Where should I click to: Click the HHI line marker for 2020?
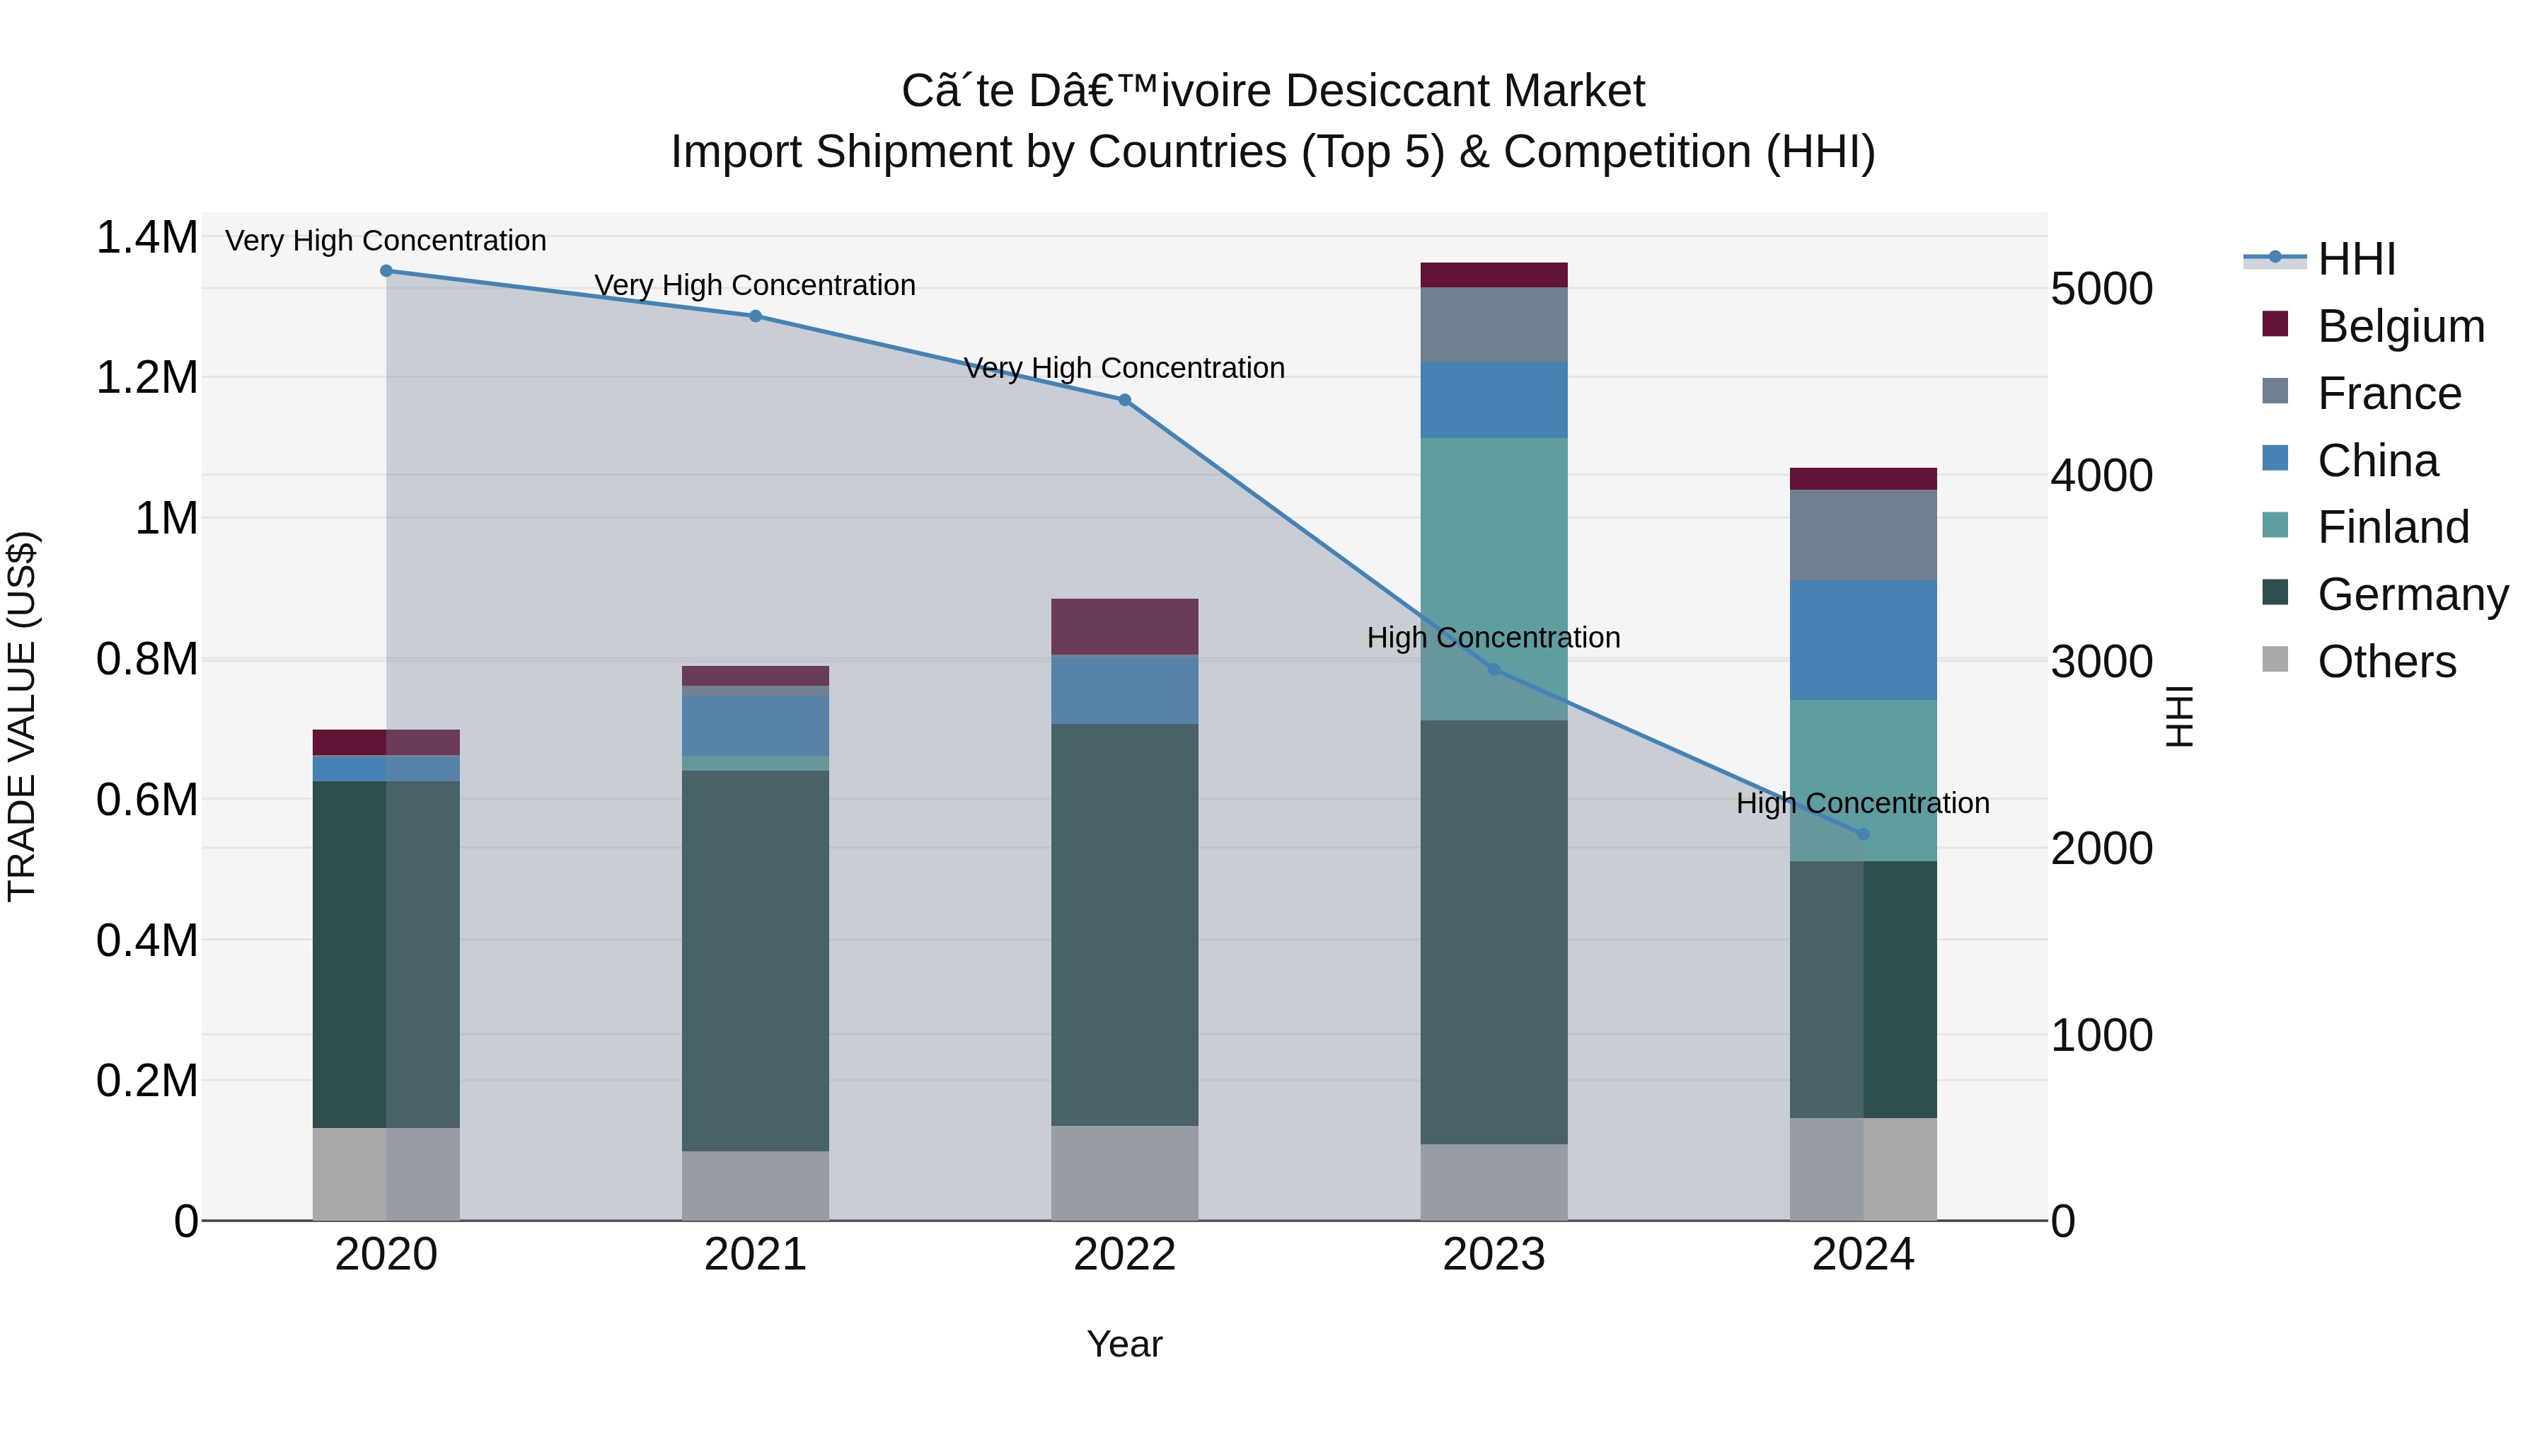coord(386,271)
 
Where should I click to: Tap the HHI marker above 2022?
coord(1124,401)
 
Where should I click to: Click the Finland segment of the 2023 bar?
coord(1494,579)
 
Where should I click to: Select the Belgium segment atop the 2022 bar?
coord(1124,626)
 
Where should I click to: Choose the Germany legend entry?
coord(2412,594)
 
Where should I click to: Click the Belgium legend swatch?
coord(2275,324)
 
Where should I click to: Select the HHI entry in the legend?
coord(2355,259)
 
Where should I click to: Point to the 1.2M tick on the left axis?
coord(146,378)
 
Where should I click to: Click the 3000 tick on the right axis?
coord(2101,662)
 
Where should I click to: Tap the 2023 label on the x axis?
coord(1494,1255)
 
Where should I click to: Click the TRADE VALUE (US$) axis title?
coord(22,716)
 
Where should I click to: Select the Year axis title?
coord(1124,1344)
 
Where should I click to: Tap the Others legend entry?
coord(2386,662)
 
